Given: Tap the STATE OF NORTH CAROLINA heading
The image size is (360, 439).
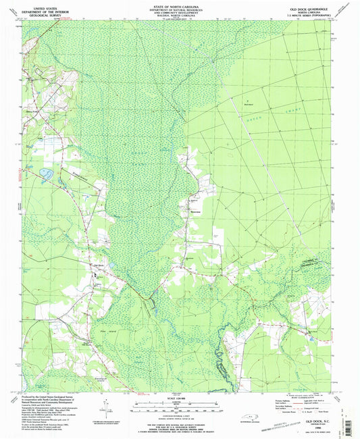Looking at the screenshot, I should coord(180,4).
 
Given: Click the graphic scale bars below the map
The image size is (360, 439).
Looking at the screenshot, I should coord(178,408).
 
